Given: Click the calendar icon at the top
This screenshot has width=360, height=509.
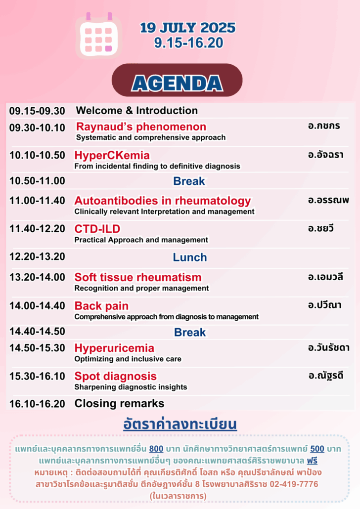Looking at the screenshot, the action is [x=98, y=36].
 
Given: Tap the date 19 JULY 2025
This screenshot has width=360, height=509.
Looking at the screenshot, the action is [x=188, y=28].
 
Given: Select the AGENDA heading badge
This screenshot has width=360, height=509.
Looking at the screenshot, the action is [x=177, y=80].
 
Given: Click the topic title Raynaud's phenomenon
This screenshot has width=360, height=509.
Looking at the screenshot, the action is [x=141, y=127].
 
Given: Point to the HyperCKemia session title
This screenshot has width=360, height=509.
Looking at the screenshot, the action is [x=112, y=155].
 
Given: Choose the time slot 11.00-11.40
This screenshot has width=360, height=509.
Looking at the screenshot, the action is [x=37, y=201].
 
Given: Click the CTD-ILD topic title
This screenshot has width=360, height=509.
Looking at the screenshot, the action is [x=97, y=229].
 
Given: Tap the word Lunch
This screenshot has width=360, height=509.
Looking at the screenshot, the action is [x=190, y=257].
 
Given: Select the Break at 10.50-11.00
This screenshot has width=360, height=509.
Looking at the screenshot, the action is [x=189, y=181].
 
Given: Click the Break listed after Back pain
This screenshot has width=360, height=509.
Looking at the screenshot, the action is [x=190, y=333].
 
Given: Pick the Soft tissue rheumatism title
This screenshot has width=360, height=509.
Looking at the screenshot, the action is [x=138, y=277].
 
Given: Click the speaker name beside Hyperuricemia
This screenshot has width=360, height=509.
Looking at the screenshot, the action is [x=329, y=348].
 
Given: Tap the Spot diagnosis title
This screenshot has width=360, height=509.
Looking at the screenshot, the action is [x=115, y=376].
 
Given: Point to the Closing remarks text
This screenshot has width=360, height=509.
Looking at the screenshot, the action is [x=119, y=404].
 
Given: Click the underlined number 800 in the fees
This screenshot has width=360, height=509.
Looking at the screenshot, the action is [x=156, y=449].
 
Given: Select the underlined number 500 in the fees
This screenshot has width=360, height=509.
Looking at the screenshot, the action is [x=317, y=449].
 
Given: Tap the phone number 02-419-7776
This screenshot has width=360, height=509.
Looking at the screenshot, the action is [x=294, y=484].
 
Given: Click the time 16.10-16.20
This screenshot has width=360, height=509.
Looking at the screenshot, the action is [x=37, y=404].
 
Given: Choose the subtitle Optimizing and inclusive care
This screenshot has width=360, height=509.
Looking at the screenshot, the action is [x=128, y=359].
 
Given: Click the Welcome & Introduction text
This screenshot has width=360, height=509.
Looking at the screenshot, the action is [x=137, y=111].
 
